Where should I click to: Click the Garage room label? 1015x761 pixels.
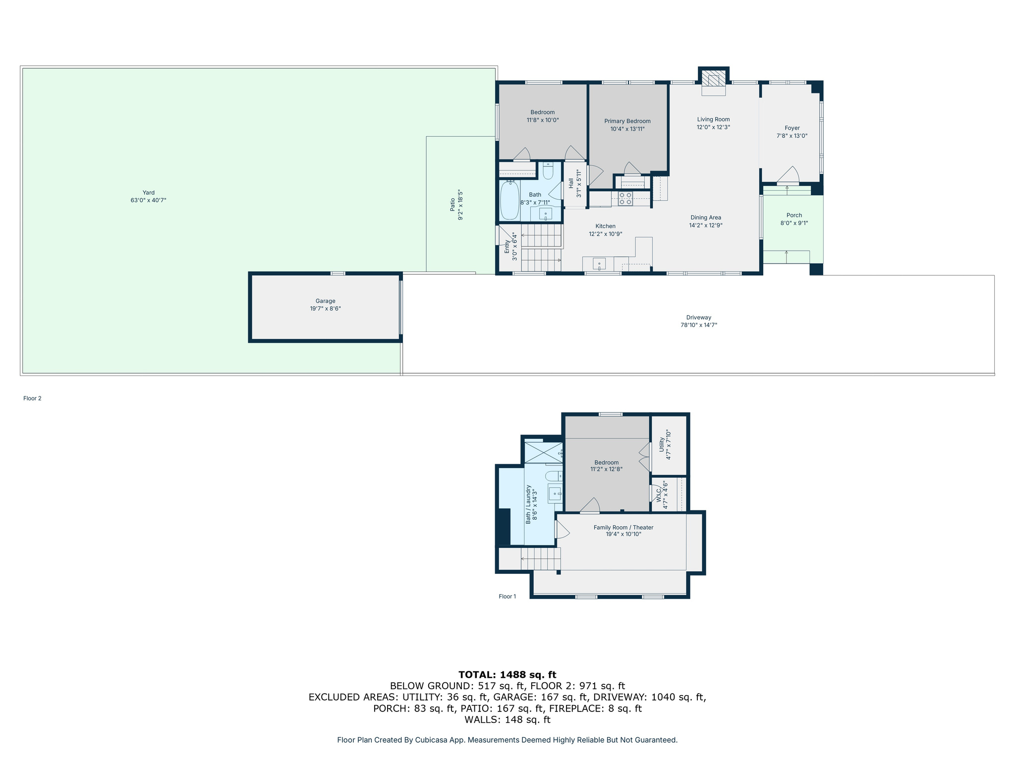325,301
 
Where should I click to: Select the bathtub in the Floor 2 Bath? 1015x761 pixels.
509,201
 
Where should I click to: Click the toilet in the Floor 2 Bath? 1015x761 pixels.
548,171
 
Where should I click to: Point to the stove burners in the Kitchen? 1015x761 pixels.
625,199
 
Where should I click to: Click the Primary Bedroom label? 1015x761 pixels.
627,121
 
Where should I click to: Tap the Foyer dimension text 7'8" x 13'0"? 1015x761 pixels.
792,136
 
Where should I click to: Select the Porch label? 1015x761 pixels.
794,215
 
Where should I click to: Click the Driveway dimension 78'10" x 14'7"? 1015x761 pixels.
699,325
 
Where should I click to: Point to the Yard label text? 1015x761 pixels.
148,193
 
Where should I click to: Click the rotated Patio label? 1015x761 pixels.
452,205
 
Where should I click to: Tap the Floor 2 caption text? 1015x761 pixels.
32,398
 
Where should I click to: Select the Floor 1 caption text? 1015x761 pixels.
507,597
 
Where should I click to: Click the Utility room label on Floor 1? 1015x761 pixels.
662,444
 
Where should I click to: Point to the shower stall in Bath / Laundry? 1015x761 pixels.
543,452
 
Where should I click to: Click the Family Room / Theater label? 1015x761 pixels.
623,527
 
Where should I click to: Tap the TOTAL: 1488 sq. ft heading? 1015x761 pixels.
507,674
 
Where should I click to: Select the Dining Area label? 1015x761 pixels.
706,217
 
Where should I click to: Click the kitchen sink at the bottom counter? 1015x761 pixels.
599,264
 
